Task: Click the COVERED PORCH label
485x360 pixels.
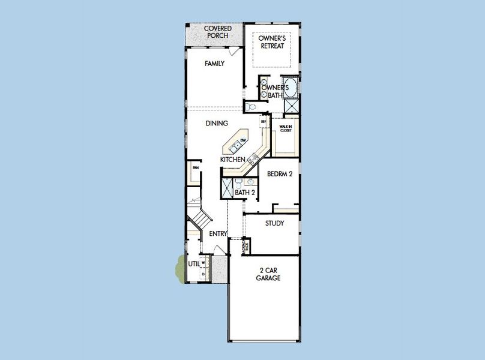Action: pos(218,32)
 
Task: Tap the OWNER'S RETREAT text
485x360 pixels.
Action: pos(271,42)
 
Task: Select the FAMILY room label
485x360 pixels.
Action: pos(214,64)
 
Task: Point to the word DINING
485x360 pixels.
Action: pos(217,124)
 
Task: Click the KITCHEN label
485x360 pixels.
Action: pos(232,160)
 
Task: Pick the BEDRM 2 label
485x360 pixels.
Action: pos(279,174)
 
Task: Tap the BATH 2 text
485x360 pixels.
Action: pos(246,193)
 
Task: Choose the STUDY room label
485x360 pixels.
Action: pos(274,223)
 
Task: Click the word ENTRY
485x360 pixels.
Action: pos(218,234)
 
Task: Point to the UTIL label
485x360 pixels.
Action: pos(193,263)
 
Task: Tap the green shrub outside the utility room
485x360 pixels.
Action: pos(179,266)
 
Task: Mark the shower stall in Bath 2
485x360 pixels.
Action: pos(227,188)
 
